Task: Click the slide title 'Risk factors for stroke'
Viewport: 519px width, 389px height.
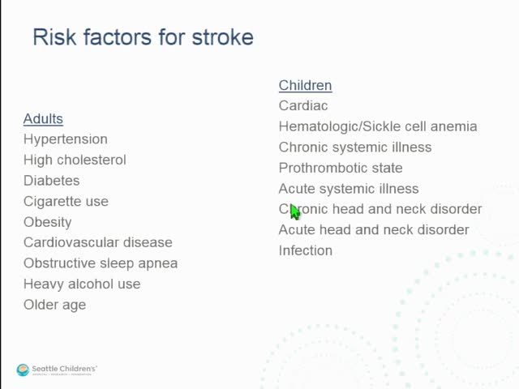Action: point(143,37)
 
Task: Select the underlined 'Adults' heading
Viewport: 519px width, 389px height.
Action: point(43,118)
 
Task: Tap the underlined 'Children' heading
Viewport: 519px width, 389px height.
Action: point(305,85)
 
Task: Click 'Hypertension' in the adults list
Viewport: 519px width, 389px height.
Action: point(65,139)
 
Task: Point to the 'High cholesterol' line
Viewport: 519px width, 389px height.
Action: point(75,160)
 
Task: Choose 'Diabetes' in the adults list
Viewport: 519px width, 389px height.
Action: point(51,181)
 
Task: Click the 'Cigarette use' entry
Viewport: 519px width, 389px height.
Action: point(66,201)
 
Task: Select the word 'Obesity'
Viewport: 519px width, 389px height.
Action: point(47,222)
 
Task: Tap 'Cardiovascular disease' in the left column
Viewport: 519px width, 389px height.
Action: point(97,242)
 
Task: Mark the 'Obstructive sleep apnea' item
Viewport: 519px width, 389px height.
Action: point(101,263)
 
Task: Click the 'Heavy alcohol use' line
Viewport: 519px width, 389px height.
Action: point(82,284)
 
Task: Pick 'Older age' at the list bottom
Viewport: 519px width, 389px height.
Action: point(54,305)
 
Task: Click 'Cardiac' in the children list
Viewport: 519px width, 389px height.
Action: point(303,105)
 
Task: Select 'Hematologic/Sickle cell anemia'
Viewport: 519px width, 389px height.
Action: point(378,126)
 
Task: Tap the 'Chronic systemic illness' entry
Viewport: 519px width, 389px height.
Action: point(355,147)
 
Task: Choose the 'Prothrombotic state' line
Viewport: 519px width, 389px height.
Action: point(341,168)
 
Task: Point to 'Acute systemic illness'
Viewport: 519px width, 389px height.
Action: point(349,189)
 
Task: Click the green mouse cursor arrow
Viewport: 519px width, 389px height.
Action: point(294,212)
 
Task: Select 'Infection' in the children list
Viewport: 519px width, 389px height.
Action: point(306,250)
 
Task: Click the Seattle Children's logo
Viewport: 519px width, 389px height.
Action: point(57,370)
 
